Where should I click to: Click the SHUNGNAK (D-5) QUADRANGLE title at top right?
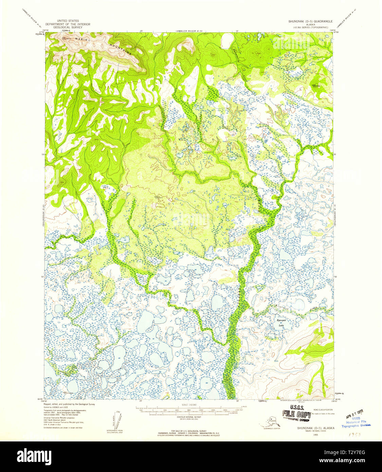point(310,21)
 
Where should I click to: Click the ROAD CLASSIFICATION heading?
point(323,410)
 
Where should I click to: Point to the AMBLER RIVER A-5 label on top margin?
point(189,31)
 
